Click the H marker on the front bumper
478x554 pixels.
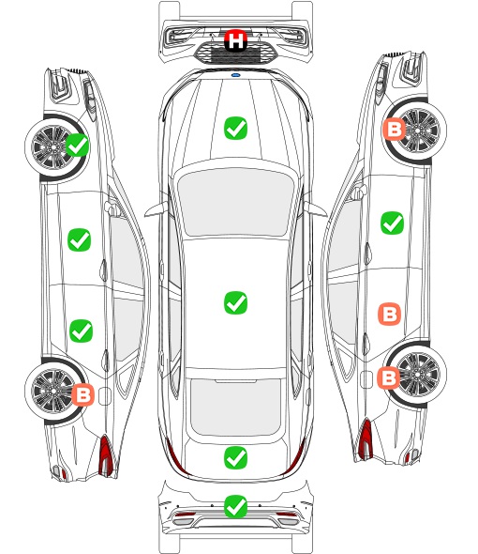pyautogui.click(x=235, y=40)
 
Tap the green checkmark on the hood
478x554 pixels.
pyautogui.click(x=235, y=129)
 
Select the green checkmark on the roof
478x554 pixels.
pyautogui.click(x=235, y=302)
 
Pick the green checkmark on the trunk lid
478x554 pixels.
pyautogui.click(x=235, y=458)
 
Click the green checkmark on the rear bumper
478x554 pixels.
pyautogui.click(x=235, y=507)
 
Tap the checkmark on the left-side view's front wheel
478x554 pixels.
pyautogui.click(x=78, y=145)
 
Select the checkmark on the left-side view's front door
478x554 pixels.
pyautogui.click(x=79, y=239)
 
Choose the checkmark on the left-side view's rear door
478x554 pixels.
pyautogui.click(x=82, y=331)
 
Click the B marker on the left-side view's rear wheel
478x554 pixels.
pyautogui.click(x=82, y=394)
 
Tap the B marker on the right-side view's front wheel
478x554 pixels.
pyautogui.click(x=394, y=129)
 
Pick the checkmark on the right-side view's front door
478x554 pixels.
pyautogui.click(x=393, y=223)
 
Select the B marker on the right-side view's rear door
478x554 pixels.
pyautogui.click(x=390, y=314)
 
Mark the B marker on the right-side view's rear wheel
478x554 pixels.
pyautogui.click(x=389, y=378)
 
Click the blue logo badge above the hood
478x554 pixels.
pyautogui.click(x=235, y=75)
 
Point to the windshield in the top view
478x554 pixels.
pyautogui.click(x=235, y=202)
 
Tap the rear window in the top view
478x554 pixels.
pyautogui.click(x=235, y=407)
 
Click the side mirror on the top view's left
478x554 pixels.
pyautogui.click(x=157, y=209)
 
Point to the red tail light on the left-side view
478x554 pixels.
pyautogui.click(x=106, y=455)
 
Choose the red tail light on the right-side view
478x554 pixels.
pyautogui.click(x=366, y=439)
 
